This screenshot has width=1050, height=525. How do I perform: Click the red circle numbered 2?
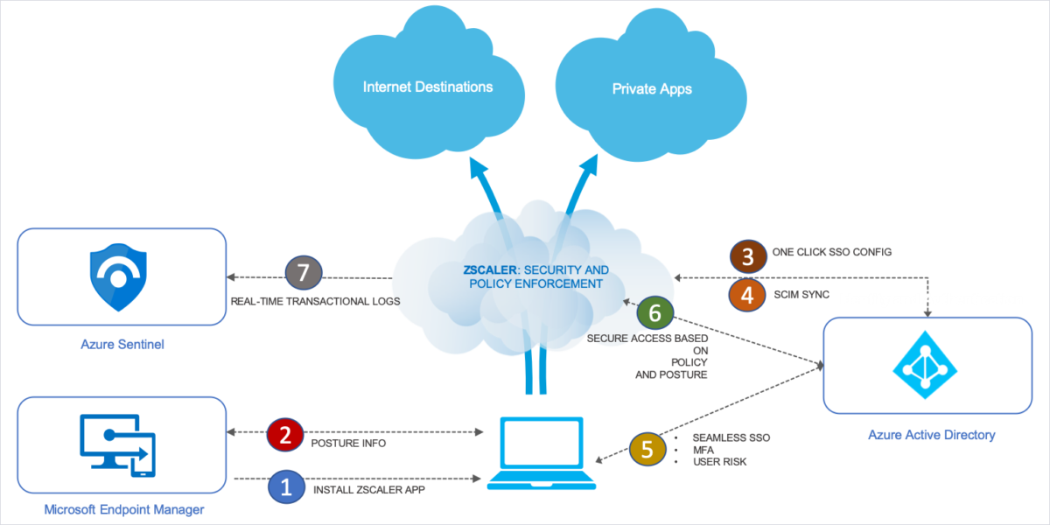pyautogui.click(x=284, y=436)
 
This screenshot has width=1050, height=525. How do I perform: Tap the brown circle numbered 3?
pyautogui.click(x=746, y=255)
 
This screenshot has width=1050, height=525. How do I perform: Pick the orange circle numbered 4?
pyautogui.click(x=746, y=295)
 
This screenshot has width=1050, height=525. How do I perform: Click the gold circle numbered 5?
pyautogui.click(x=647, y=450)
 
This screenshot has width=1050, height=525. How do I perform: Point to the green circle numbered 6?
pyautogui.click(x=655, y=312)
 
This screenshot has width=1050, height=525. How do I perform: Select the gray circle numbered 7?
pyautogui.click(x=304, y=273)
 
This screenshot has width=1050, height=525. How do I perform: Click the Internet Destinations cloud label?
pyautogui.click(x=428, y=87)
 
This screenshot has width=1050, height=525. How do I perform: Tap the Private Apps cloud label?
pyautogui.click(x=652, y=89)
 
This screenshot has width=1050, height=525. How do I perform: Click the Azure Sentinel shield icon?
pyautogui.click(x=119, y=277)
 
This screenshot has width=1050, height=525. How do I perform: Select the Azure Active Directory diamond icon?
pyautogui.click(x=926, y=365)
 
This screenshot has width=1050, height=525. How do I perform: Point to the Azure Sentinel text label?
pyautogui.click(x=121, y=345)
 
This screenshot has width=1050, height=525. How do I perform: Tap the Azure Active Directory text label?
pyautogui.click(x=931, y=435)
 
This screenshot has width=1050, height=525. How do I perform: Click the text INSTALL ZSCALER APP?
pyautogui.click(x=367, y=491)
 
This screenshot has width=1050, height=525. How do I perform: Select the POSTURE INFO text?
pyautogui.click(x=348, y=443)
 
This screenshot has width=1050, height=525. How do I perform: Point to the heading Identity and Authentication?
pyautogui.click(x=931, y=299)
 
